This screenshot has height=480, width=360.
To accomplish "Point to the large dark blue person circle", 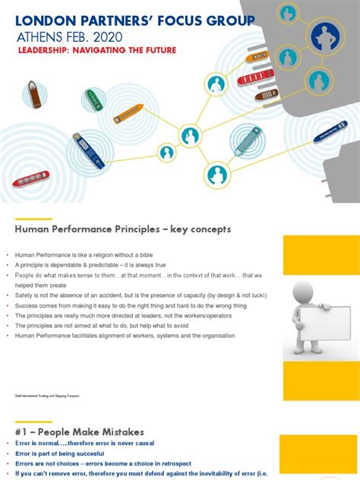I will [x=325, y=35].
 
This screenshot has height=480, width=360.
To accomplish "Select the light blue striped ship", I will [x=247, y=141].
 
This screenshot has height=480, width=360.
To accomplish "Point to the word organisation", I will [x=217, y=335].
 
